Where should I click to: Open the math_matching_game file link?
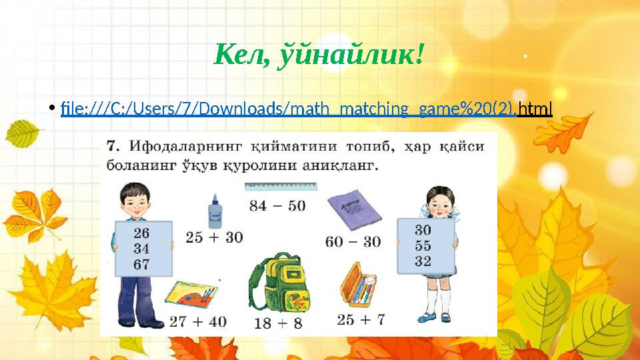tap(306, 107)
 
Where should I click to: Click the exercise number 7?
tap(113, 146)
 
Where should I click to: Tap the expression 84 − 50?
tap(277, 205)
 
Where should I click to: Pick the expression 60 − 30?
tap(353, 240)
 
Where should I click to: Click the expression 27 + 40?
tap(197, 321)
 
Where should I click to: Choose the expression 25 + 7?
tap(361, 319)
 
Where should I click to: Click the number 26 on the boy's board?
tap(141, 233)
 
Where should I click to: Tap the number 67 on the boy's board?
tap(141, 264)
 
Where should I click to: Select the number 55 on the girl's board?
tap(423, 245)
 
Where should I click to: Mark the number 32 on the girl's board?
tap(423, 261)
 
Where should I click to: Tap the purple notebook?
tap(355, 210)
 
